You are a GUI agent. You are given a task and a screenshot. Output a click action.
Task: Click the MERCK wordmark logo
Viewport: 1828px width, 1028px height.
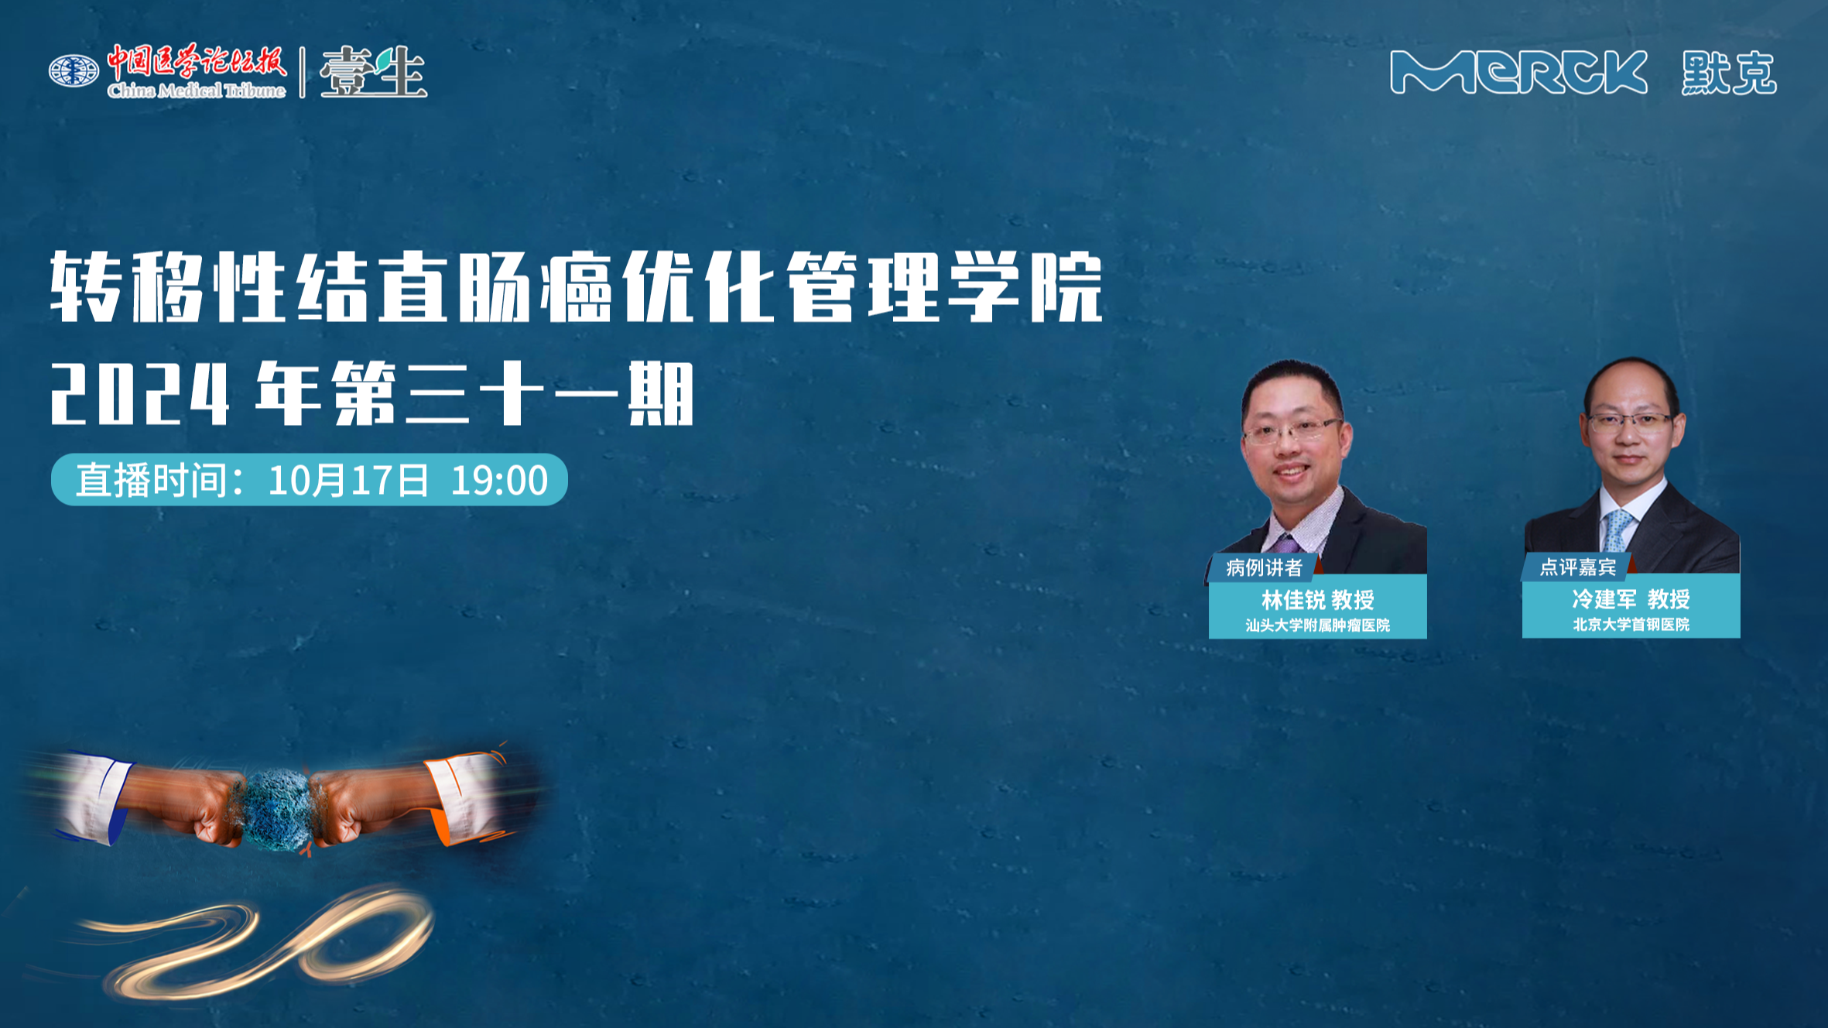[x=1518, y=72]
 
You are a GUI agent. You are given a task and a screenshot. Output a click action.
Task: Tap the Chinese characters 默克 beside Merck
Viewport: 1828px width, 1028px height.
[x=1729, y=74]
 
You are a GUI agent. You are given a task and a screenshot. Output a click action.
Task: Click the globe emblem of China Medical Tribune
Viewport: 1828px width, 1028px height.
[x=74, y=71]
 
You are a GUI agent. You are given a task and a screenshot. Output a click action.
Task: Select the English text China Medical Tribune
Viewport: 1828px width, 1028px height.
[x=197, y=91]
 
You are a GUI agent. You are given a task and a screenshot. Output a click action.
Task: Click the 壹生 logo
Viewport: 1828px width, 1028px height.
[x=373, y=72]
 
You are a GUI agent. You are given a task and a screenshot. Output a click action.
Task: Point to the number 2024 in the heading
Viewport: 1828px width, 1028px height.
[x=140, y=394]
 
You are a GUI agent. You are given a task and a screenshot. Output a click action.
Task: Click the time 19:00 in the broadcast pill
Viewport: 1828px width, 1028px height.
[x=499, y=480]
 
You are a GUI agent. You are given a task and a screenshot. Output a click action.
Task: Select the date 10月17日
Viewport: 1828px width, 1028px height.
[x=348, y=480]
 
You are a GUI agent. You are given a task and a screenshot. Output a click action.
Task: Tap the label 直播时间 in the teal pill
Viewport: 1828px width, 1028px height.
[x=152, y=480]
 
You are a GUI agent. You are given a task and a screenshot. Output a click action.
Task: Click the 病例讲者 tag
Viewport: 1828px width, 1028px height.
[x=1264, y=567]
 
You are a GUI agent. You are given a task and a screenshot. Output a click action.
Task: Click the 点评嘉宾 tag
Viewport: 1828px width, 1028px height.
[x=1577, y=567]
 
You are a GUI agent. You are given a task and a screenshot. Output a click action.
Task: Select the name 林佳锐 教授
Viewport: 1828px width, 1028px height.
[x=1318, y=599]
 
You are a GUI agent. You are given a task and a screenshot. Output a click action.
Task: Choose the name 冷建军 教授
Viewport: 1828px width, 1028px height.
[x=1631, y=598]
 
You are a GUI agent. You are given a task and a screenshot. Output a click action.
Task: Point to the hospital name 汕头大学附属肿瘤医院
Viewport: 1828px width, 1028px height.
[x=1318, y=625]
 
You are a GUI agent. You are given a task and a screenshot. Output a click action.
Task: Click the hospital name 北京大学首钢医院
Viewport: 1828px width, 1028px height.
[x=1631, y=624]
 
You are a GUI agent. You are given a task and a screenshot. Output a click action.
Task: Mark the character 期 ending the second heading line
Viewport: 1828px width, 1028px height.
[x=660, y=394]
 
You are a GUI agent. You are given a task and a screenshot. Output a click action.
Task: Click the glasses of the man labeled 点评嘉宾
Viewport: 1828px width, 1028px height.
[x=1630, y=423]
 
